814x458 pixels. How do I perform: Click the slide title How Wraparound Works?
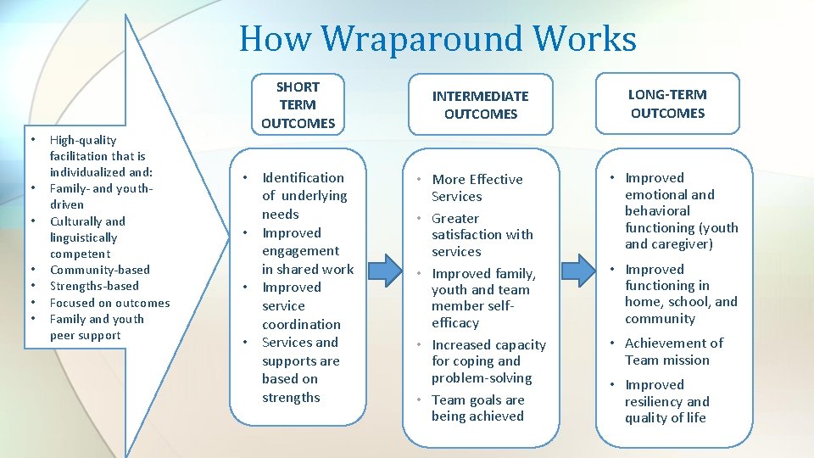tap(438, 39)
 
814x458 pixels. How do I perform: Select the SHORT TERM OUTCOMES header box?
tap(298, 104)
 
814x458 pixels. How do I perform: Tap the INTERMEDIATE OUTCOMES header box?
tap(481, 104)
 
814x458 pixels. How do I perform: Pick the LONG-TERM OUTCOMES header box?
tap(667, 103)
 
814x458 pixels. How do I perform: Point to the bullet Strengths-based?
tap(94, 286)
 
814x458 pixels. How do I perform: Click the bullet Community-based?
tap(99, 270)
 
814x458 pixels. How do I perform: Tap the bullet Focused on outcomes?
tap(109, 303)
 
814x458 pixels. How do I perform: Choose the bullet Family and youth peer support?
tap(97, 327)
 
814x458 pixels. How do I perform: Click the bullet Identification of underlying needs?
tap(303, 196)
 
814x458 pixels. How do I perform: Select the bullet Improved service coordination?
tap(300, 305)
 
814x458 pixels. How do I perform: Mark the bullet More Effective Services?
tap(477, 187)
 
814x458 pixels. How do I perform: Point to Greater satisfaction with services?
tap(482, 235)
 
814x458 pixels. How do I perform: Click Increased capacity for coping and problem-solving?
tap(488, 361)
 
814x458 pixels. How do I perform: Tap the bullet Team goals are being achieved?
tap(477, 408)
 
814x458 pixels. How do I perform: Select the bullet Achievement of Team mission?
tap(673, 351)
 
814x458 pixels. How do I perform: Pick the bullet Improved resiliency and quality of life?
tap(666, 401)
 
